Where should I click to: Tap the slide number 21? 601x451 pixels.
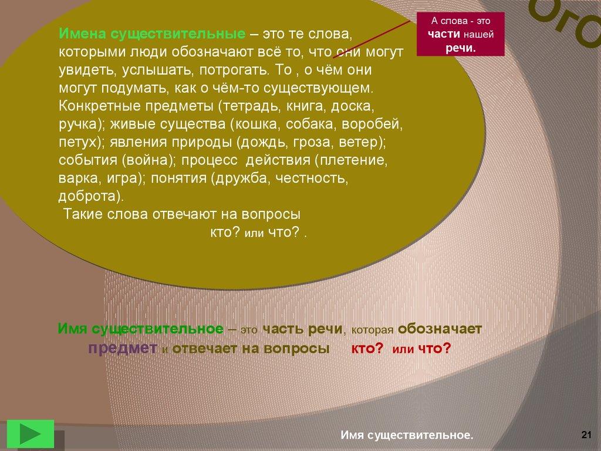pos(586,435)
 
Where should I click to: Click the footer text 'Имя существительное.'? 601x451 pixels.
pos(407,435)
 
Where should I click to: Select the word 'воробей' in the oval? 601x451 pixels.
pos(372,124)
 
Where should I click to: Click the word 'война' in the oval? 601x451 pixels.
pos(148,160)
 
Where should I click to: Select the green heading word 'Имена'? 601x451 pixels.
pos(82,33)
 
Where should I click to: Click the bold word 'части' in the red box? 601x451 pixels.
pos(444,34)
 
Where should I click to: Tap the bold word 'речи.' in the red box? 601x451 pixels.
pos(461,48)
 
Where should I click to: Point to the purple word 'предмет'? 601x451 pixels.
pos(123,348)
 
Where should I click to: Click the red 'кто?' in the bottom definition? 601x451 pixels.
pos(367,348)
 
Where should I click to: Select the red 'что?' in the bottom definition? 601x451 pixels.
pos(435,348)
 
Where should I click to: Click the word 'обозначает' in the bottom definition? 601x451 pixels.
pos(440,329)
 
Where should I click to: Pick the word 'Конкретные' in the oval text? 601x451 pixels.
pos(99,106)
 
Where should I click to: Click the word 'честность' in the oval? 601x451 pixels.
pos(312,179)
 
